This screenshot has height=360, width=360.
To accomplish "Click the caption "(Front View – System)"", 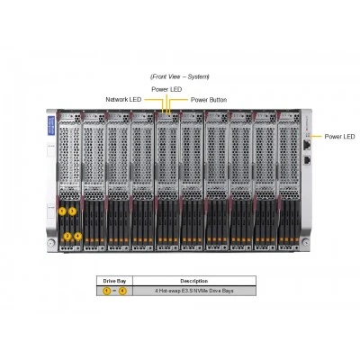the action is coord(180,76).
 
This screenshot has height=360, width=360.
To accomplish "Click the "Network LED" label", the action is coord(123,99).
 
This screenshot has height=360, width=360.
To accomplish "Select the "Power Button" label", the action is coord(209,100).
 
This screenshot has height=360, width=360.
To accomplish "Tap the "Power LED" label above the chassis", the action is coord(166,89).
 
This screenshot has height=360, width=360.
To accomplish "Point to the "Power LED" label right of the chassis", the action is coord(339,137).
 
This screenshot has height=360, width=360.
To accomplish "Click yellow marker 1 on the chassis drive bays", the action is coord(62,211).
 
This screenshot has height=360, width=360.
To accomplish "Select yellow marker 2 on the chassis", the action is coord(67,237).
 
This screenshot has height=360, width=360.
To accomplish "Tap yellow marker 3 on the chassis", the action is coord(72,211).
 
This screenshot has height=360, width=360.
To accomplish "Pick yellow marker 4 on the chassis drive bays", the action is coord(77,237).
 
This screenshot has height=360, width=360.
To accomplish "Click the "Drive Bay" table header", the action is coord(114,281).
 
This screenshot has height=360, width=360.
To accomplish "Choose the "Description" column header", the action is coord(194,281).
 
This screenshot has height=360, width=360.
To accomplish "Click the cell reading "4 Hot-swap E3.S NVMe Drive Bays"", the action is coord(194,291).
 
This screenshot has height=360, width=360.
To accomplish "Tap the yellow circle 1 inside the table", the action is coord(107,291).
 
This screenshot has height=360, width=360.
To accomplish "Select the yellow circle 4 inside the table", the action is coord(122,291).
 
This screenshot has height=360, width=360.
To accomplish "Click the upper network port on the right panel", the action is coord(307,145).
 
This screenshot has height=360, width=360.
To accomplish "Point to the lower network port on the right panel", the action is coord(307,160).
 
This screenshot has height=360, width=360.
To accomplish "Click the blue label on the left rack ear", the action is coord(51,125).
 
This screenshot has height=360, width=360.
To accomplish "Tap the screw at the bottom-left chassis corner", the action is coord(51,242).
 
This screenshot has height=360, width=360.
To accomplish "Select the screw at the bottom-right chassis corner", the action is coord(306,241).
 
